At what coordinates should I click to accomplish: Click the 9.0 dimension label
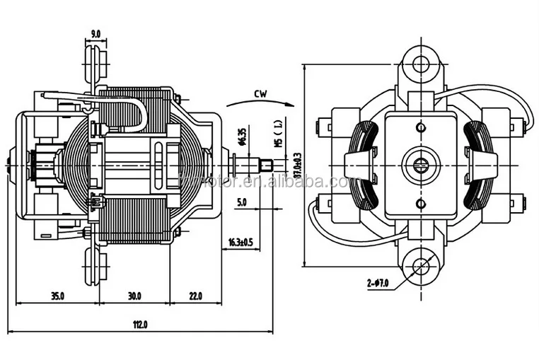[95, 33]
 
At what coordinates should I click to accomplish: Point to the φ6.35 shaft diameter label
[241, 136]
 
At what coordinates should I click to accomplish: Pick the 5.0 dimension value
[241, 202]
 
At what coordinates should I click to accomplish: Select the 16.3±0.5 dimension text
[239, 242]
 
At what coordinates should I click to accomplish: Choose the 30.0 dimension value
[134, 295]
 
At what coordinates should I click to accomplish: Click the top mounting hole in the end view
[421, 64]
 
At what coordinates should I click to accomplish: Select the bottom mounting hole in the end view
[421, 266]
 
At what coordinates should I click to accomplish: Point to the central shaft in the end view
[420, 166]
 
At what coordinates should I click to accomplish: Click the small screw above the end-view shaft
[420, 128]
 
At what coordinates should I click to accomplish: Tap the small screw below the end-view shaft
[420, 204]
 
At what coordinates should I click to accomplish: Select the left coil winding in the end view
[362, 166]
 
